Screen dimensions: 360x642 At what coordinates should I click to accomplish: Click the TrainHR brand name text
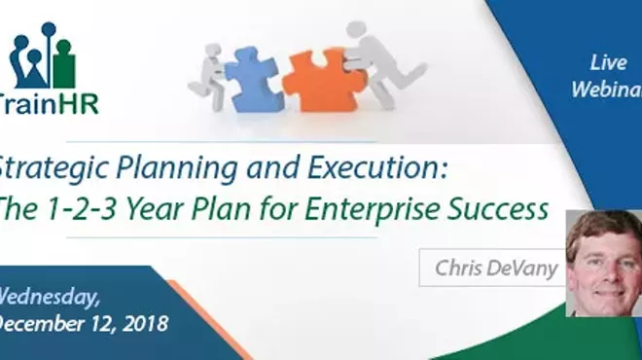click(x=49, y=104)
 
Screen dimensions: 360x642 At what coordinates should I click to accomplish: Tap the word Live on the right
click(x=608, y=63)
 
